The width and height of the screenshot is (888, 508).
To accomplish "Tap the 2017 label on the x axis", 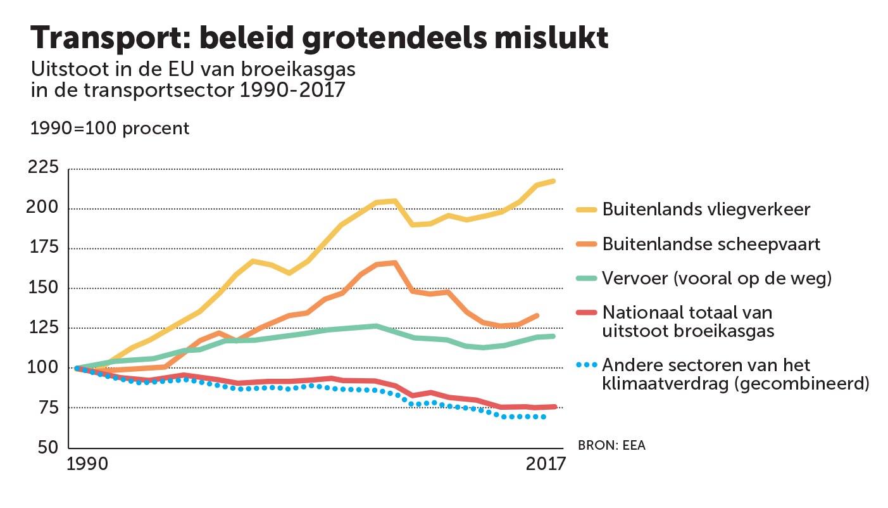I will (545, 465).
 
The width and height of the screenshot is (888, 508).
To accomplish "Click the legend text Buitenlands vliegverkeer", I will (706, 210).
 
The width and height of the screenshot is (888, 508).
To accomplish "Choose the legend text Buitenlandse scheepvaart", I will (711, 244).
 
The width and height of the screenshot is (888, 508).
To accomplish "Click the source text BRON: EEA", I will (611, 445).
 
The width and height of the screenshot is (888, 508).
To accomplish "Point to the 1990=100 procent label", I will (110, 128).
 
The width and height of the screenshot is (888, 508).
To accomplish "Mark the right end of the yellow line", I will (554, 181).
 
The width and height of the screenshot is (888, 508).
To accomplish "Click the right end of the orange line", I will (537, 315).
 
